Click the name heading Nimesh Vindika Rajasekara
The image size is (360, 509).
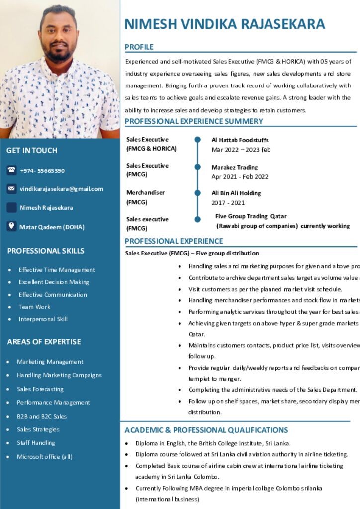tap(225, 24)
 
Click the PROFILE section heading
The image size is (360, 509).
tap(139, 47)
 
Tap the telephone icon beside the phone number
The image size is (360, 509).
tap(11, 170)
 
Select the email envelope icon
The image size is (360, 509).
tap(11, 189)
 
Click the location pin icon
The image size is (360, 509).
tap(11, 226)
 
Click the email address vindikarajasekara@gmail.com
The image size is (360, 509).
tap(62, 189)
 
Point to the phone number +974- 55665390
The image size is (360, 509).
tap(42, 170)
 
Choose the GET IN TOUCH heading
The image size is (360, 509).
tap(32, 150)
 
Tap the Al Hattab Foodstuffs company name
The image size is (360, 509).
tap(240, 140)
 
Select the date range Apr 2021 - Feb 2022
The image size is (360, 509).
tap(240, 176)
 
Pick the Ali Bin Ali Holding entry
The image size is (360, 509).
tap(236, 193)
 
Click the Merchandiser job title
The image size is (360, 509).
tap(145, 193)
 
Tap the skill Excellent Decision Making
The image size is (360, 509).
tap(54, 282)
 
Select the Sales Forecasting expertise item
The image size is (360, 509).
tap(40, 389)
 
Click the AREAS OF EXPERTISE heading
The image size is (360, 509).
tap(44, 342)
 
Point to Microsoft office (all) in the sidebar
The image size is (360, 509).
tap(45, 457)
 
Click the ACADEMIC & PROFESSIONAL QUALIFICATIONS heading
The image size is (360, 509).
tap(206, 430)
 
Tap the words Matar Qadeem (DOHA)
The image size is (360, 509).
tap(52, 227)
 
